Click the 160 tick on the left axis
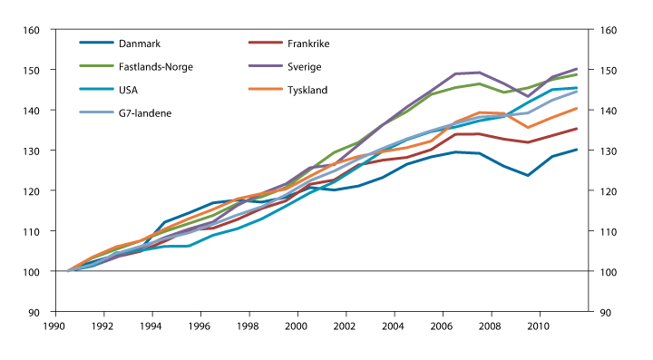click(x=32, y=30)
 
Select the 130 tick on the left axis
click(x=32, y=151)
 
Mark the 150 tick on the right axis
click(x=606, y=71)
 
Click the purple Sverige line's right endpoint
click(x=577, y=69)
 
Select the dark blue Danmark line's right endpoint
click(x=577, y=150)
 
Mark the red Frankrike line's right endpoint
click(x=577, y=129)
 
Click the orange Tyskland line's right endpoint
click(x=577, y=108)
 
